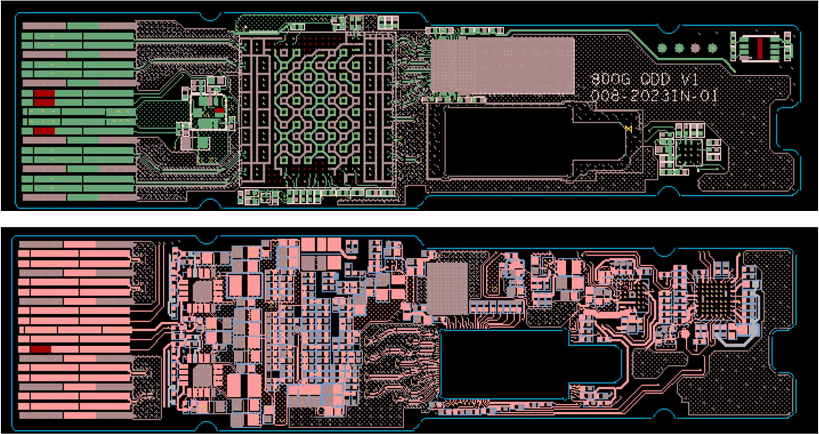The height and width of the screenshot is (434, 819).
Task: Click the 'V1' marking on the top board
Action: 689,80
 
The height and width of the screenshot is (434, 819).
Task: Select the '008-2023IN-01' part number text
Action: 653,96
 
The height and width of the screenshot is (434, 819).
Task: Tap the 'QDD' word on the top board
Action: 655,80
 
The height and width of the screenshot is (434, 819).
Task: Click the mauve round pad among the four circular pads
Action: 695,48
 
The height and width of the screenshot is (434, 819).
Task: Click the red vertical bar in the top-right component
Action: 760,48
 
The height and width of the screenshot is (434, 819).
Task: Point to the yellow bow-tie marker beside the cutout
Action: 628,128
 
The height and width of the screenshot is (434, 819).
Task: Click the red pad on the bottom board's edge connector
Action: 41,349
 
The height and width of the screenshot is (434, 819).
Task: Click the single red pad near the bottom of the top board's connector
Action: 44,131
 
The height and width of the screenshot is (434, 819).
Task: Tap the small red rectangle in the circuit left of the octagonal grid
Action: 219,110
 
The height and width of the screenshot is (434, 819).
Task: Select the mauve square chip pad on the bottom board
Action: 447,288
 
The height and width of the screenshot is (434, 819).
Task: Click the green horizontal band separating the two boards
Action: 409,219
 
